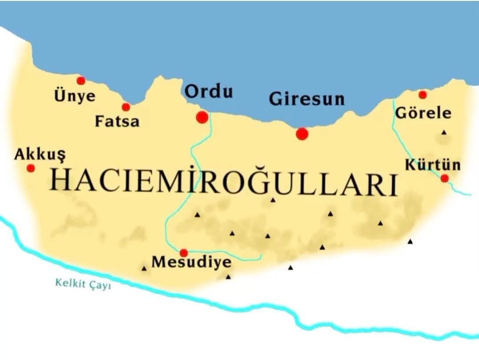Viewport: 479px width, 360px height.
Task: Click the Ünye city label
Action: (75, 96)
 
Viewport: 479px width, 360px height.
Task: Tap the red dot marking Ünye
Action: (81, 81)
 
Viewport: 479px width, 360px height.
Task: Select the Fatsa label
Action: (117, 121)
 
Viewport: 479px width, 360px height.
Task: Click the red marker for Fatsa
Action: (126, 107)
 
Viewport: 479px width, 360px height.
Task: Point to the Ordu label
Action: (209, 92)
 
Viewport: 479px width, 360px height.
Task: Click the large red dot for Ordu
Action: (202, 117)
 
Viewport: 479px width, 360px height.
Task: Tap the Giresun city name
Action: (306, 98)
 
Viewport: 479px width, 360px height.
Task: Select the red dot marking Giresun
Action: (302, 133)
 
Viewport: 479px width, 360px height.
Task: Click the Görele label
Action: (423, 113)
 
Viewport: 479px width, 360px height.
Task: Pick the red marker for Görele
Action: (423, 94)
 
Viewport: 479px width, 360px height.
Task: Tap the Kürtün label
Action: (432, 165)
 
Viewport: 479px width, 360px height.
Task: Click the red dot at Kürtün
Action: (444, 178)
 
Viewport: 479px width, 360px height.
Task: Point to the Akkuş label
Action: (40, 154)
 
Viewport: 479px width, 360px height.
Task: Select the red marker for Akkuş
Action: (31, 168)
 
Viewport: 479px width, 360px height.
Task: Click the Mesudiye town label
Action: (191, 262)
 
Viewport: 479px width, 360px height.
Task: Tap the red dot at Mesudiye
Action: (183, 253)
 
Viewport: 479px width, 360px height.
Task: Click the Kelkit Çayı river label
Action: (83, 283)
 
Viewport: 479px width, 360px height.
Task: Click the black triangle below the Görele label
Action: (443, 132)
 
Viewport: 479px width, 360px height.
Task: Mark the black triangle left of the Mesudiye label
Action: (144, 268)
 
